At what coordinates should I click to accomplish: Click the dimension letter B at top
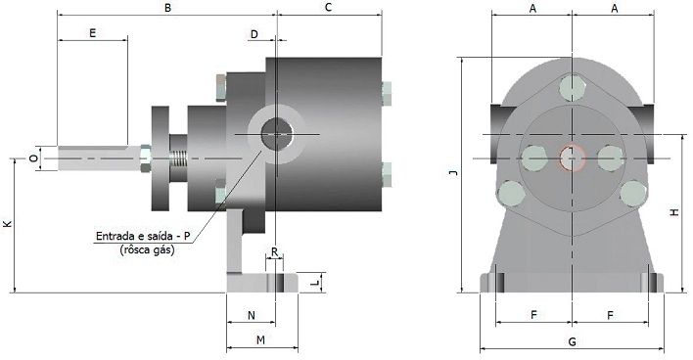point(167,8)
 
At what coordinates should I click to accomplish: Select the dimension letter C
point(328,8)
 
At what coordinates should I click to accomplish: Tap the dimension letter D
point(254,34)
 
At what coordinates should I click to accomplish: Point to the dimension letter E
point(92,33)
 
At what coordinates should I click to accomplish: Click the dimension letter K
point(8,223)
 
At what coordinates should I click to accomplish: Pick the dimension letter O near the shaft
point(33,158)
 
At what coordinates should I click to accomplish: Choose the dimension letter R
point(274,252)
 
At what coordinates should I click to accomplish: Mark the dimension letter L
point(314,283)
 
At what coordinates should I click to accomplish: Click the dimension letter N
point(251,315)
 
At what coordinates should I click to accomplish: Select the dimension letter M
point(260,340)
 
